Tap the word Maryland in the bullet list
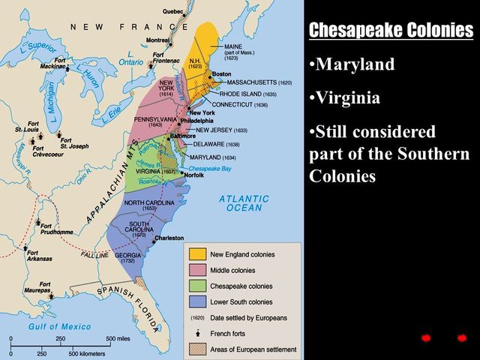click(355, 64)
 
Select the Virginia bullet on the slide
click(348, 98)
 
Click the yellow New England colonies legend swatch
click(196, 254)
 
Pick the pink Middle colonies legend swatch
click(196, 270)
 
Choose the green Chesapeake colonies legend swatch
click(196, 286)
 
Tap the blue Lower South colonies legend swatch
click(196, 301)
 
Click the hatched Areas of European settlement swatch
click(196, 349)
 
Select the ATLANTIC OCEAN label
click(244, 202)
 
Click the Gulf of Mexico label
click(60, 326)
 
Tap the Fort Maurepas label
click(49, 289)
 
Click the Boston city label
click(222, 74)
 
